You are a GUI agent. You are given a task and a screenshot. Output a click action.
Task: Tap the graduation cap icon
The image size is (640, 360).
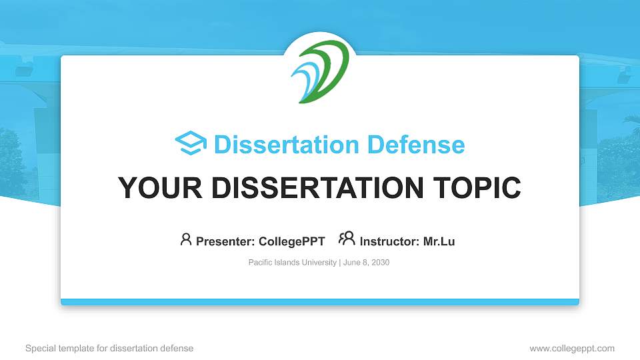[x=191, y=143]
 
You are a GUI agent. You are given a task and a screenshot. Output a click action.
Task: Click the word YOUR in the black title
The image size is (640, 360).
[x=153, y=189]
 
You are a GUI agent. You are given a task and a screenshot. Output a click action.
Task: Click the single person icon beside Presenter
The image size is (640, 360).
[x=186, y=239]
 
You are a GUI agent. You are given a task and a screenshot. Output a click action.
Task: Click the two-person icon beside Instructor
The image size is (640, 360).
[x=347, y=239]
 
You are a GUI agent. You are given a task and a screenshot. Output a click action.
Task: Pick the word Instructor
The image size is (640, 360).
[x=389, y=241]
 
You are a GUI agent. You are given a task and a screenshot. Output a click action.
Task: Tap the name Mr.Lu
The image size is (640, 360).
[x=439, y=241]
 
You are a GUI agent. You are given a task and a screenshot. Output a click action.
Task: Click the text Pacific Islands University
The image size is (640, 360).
[x=292, y=263]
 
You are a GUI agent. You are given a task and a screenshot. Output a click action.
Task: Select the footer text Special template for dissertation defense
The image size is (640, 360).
[x=109, y=348]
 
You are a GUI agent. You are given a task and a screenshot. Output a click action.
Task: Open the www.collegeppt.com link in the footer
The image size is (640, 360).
[x=572, y=348]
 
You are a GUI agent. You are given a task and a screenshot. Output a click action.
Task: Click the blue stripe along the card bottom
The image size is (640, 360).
[x=320, y=302]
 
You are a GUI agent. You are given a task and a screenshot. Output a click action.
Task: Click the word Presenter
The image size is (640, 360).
[x=220, y=241]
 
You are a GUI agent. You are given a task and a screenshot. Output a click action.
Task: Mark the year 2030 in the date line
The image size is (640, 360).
[x=379, y=263]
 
